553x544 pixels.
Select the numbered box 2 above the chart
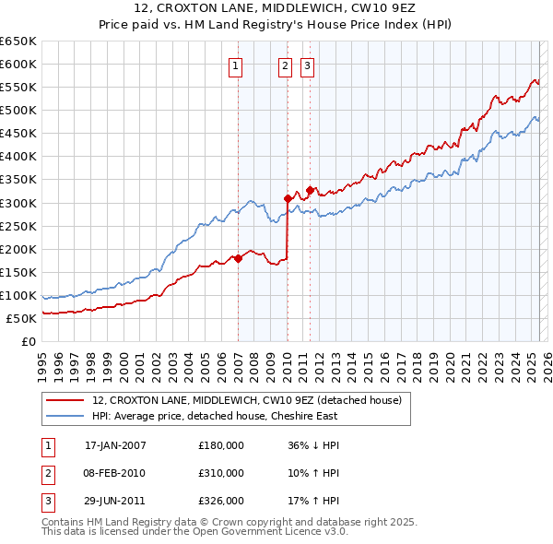pyautogui.click(x=285, y=65)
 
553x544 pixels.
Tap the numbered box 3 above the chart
pyautogui.click(x=307, y=65)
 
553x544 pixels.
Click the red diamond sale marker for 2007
pyautogui.click(x=238, y=258)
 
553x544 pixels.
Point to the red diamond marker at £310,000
pyautogui.click(x=288, y=198)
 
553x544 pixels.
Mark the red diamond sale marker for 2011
pyautogui.click(x=311, y=191)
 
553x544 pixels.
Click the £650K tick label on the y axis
pyautogui.click(x=18, y=41)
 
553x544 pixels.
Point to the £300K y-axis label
pyautogui.click(x=18, y=203)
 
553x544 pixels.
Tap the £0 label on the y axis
pyautogui.click(x=28, y=341)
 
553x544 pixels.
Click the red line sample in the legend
pyautogui.click(x=66, y=401)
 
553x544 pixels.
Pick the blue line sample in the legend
pyautogui.click(x=66, y=416)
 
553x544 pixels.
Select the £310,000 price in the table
pyautogui.click(x=221, y=473)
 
